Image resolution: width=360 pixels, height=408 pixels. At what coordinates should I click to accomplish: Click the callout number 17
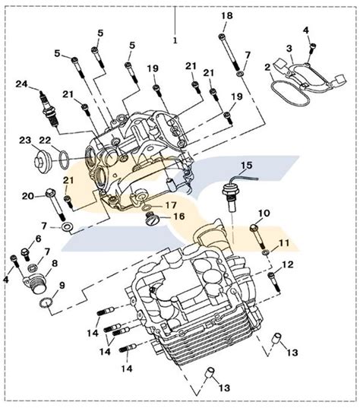point(170,204)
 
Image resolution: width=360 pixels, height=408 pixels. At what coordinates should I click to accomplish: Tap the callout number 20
point(28,196)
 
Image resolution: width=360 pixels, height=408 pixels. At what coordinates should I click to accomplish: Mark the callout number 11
point(285,244)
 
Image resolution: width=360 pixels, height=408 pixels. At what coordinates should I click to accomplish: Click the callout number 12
point(287,264)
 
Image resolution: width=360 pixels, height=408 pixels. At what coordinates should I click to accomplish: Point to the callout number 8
point(53,264)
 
